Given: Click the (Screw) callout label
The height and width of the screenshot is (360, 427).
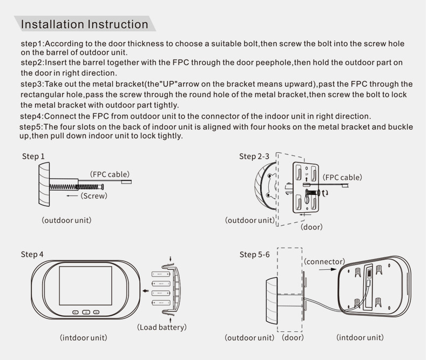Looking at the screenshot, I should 95,196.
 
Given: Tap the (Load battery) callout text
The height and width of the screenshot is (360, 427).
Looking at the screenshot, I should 162,327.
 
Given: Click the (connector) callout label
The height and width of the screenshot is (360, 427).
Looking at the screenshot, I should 325,262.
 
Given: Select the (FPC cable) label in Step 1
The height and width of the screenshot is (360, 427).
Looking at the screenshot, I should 110,174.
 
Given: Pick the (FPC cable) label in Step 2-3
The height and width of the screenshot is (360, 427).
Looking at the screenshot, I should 342,177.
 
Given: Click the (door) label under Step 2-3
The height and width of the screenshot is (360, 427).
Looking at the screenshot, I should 311,227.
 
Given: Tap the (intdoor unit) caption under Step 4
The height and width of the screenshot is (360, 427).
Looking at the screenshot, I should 83,338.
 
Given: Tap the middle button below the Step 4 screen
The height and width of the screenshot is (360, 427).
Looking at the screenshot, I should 86,311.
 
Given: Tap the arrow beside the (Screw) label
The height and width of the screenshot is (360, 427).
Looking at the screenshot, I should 72,196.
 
